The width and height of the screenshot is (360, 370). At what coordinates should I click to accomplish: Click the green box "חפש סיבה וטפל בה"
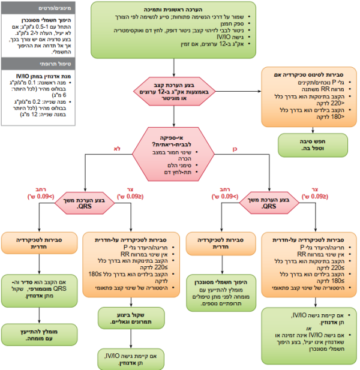pyautogui.click(x=308, y=144)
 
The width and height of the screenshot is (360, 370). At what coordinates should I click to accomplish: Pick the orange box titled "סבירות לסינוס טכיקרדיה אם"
pyautogui.click(x=308, y=93)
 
